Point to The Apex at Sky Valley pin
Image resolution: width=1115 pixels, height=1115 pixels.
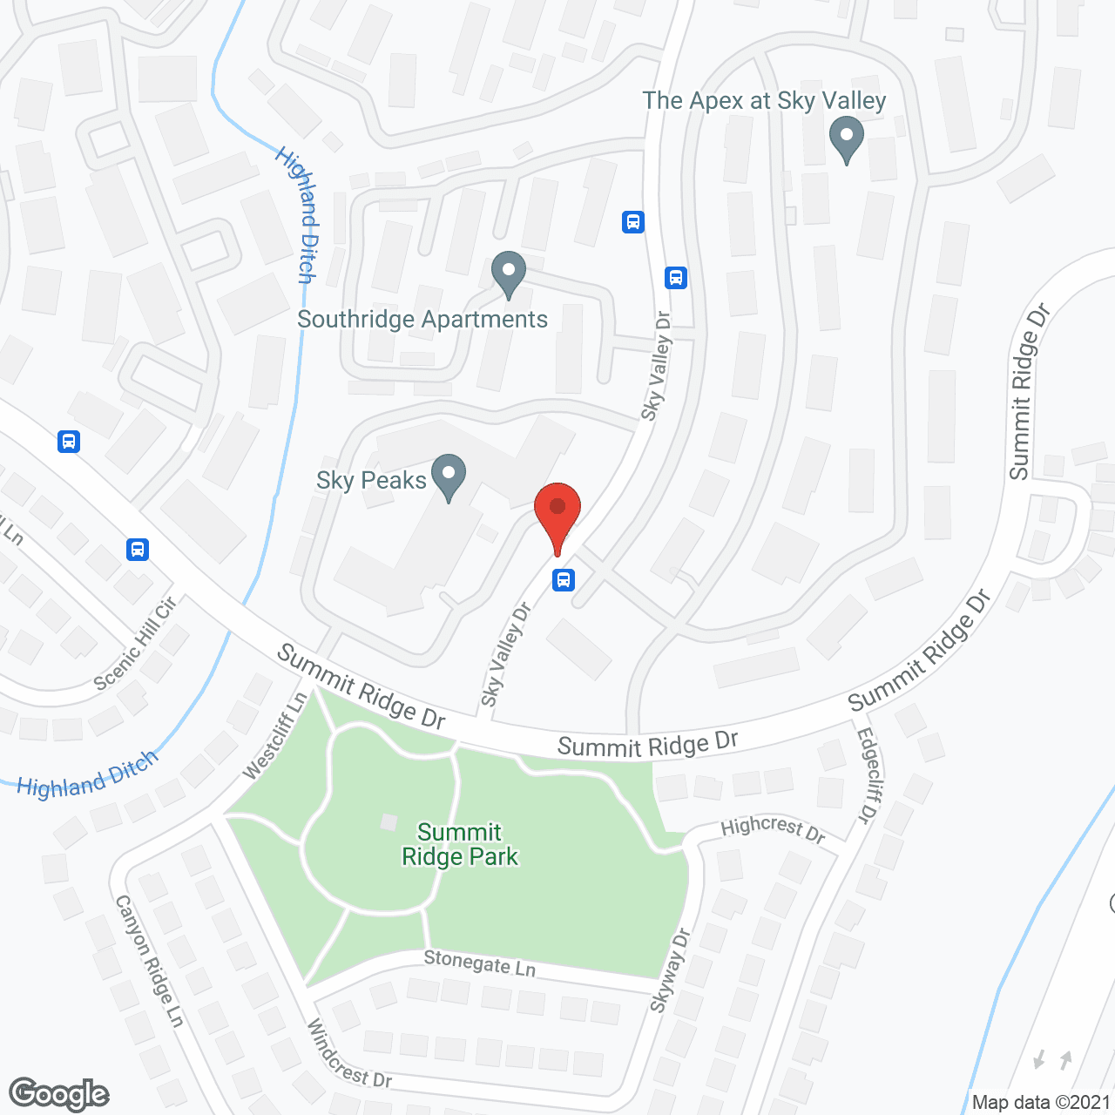pos(846,139)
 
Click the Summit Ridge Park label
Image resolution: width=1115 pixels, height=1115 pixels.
pos(459,845)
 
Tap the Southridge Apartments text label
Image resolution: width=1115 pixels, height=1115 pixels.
pos(422,320)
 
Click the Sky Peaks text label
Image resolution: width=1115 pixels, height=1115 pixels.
pos(371,480)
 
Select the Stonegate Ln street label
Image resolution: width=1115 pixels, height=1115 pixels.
pos(479,963)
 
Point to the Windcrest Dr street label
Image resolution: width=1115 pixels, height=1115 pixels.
pos(348,1054)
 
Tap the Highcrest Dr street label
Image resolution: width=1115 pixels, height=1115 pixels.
pos(773,828)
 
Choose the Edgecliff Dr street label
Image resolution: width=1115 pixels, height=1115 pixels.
pos(868,775)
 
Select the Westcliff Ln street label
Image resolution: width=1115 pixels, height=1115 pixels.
pos(275,736)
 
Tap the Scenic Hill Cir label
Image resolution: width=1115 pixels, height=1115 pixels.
pos(135,644)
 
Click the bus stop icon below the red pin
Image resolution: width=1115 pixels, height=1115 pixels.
pos(564,579)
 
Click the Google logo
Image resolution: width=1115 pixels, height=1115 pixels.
pos(59,1094)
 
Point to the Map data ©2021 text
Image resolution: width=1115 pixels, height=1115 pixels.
pos(1041,1103)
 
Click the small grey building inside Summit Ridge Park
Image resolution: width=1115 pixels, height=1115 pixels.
pos(389,822)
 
